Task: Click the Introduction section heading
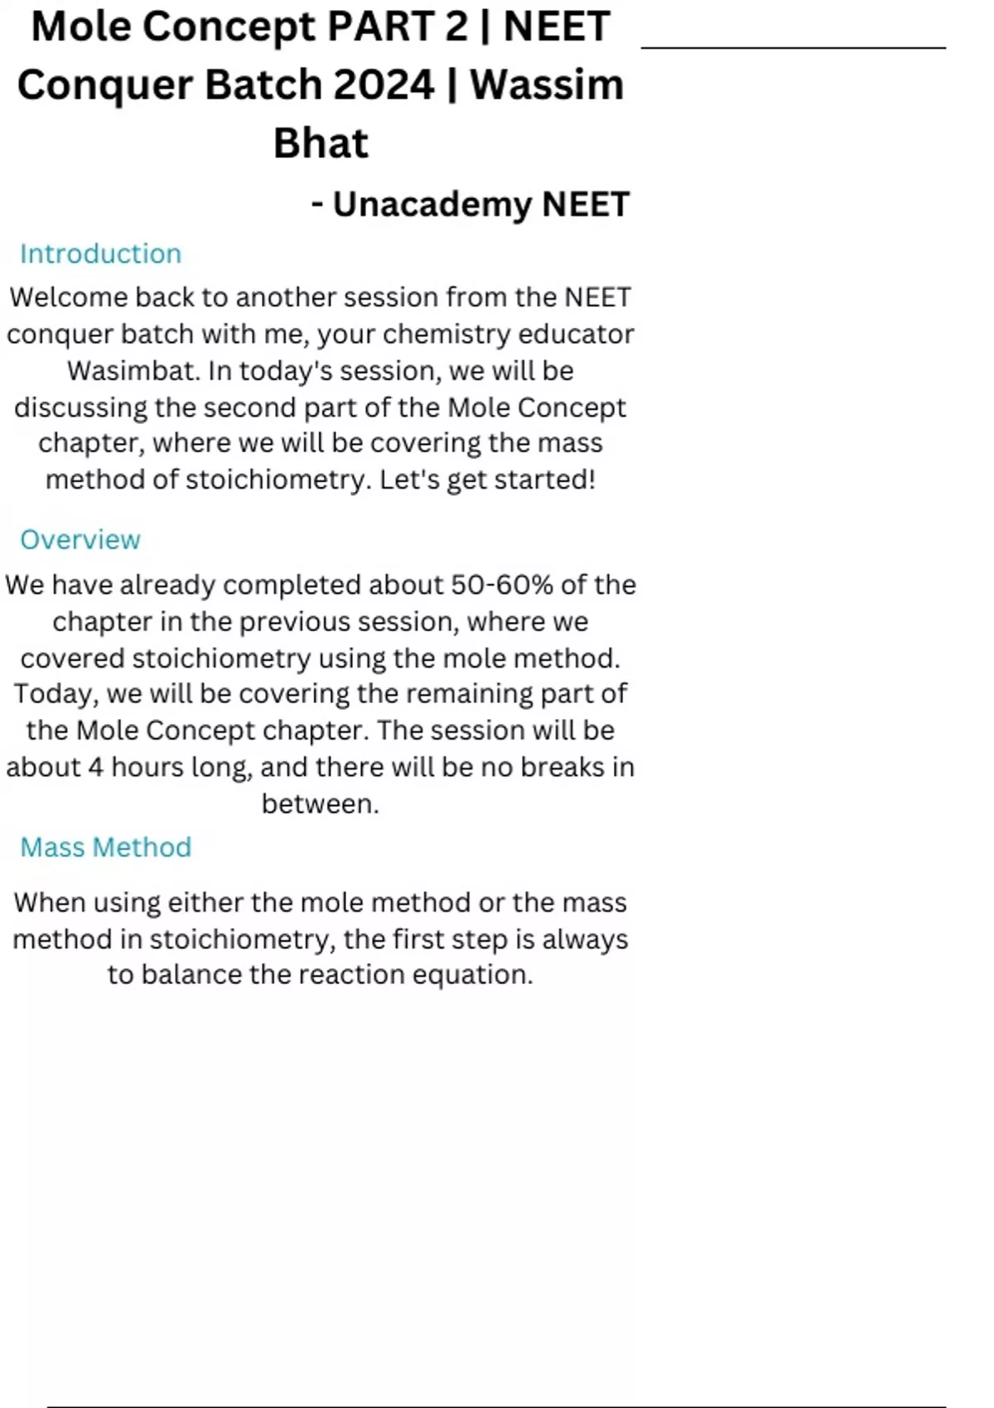tap(100, 253)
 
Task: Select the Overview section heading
tap(80, 539)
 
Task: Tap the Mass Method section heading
tap(106, 847)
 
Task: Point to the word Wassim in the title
tap(547, 84)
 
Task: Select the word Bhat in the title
tap(321, 143)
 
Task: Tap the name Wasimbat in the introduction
tap(133, 370)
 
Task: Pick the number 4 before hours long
tap(95, 767)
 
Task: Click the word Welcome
tap(68, 297)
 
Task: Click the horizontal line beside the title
tap(793, 48)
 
